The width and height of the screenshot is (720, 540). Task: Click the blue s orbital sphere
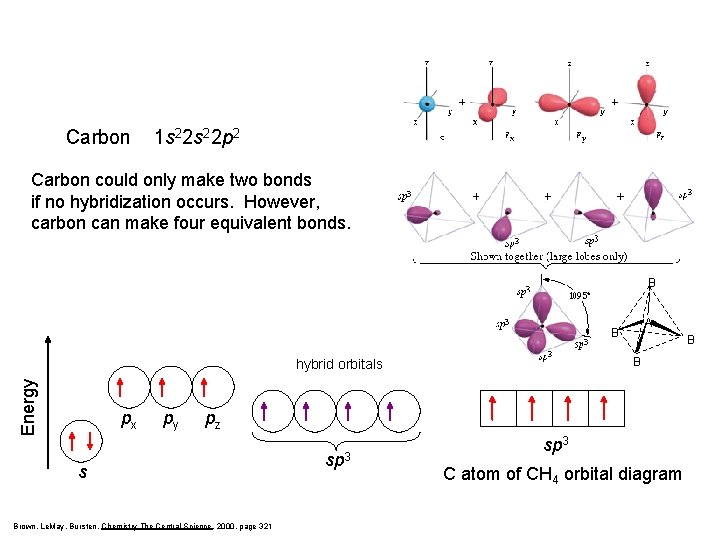pyautogui.click(x=427, y=103)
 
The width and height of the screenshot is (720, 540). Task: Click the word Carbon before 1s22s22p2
pyautogui.click(x=97, y=137)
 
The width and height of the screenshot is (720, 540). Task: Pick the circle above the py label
pyautogui.click(x=164, y=387)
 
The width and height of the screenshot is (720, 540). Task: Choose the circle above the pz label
pyautogui.click(x=205, y=387)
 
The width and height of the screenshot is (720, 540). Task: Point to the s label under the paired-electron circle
pyautogui.click(x=82, y=473)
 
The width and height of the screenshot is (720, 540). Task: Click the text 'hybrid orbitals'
pyautogui.click(x=339, y=364)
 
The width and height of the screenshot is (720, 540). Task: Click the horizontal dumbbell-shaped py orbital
pyautogui.click(x=569, y=103)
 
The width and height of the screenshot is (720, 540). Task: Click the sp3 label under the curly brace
pyautogui.click(x=337, y=460)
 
